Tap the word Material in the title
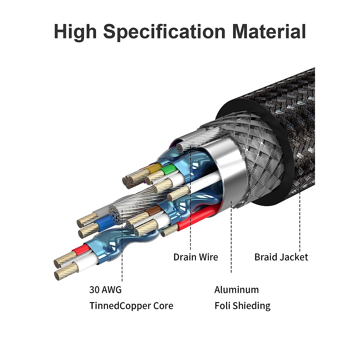(x=269, y=31)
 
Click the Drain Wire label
(x=196, y=257)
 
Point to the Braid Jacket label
(x=281, y=257)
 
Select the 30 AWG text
(x=105, y=290)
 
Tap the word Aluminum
(x=236, y=290)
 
